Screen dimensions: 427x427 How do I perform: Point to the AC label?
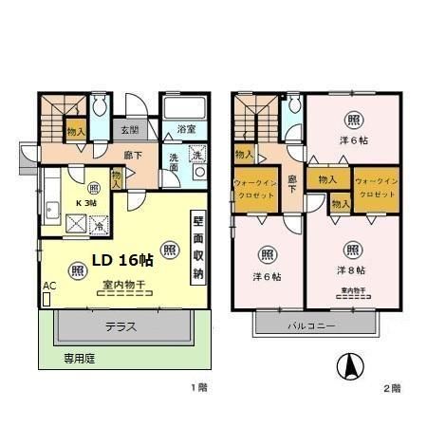coord(48,285)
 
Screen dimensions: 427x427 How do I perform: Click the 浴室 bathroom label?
coord(186,127)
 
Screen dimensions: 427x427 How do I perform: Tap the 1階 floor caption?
coord(196,388)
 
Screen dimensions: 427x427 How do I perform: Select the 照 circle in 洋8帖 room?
coord(352,251)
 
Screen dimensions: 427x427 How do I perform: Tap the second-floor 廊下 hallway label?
coord(292,182)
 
